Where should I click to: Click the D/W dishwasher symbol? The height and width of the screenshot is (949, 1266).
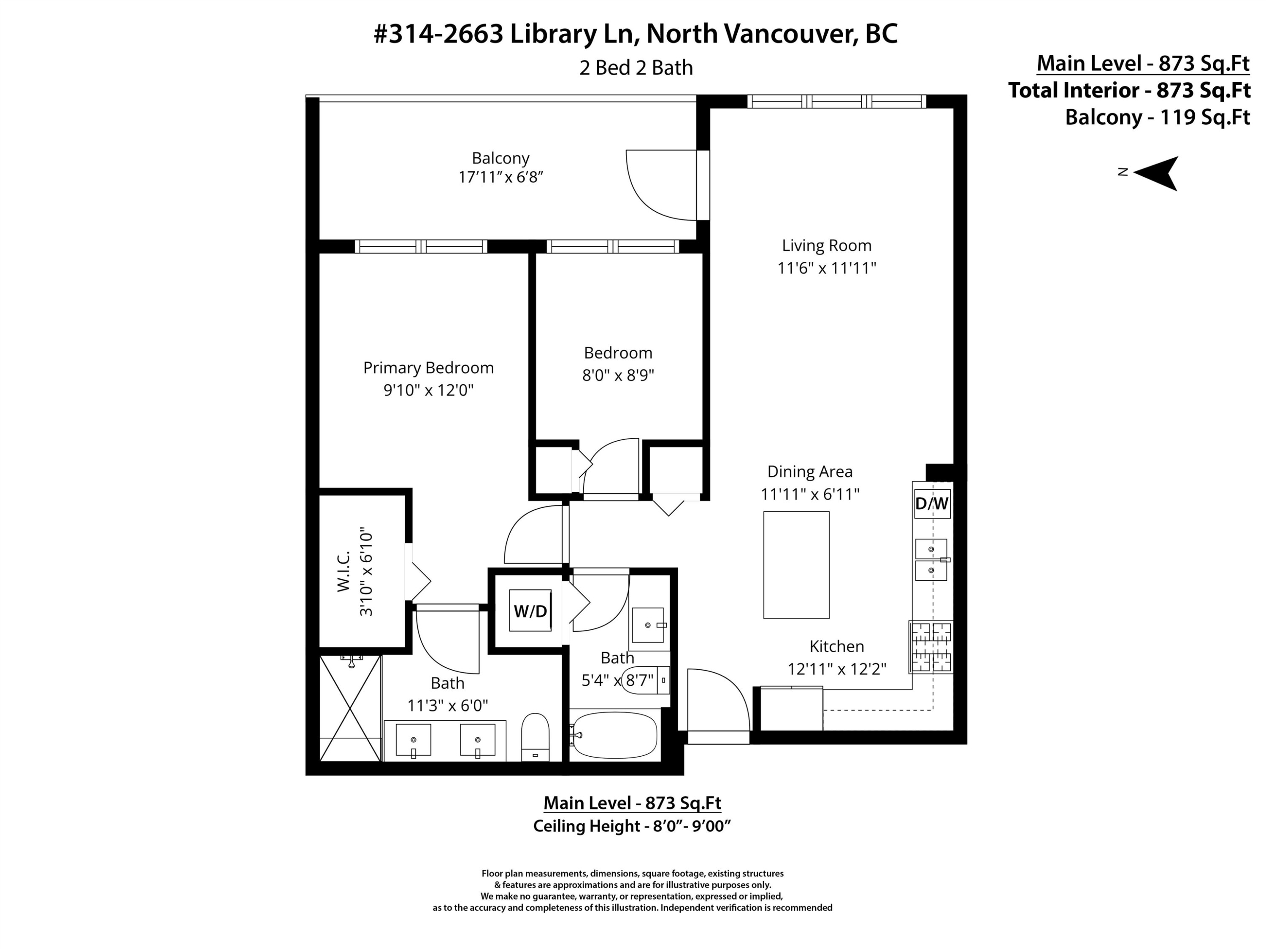coord(932,503)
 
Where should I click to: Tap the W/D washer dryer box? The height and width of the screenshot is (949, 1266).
coord(530,611)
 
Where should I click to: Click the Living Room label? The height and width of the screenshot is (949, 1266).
coord(826,245)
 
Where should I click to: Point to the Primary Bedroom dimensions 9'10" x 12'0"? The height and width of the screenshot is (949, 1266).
coord(429,390)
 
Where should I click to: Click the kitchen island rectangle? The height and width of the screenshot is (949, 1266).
coord(796,565)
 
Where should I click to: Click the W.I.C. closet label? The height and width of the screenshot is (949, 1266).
coord(344,572)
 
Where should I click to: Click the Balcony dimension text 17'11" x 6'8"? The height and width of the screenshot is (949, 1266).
coord(500,177)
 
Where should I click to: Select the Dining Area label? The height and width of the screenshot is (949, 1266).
coord(809,472)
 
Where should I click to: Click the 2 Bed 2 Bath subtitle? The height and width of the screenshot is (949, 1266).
coord(636,67)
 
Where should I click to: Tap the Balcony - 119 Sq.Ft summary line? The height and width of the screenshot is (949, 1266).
coord(1157,117)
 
